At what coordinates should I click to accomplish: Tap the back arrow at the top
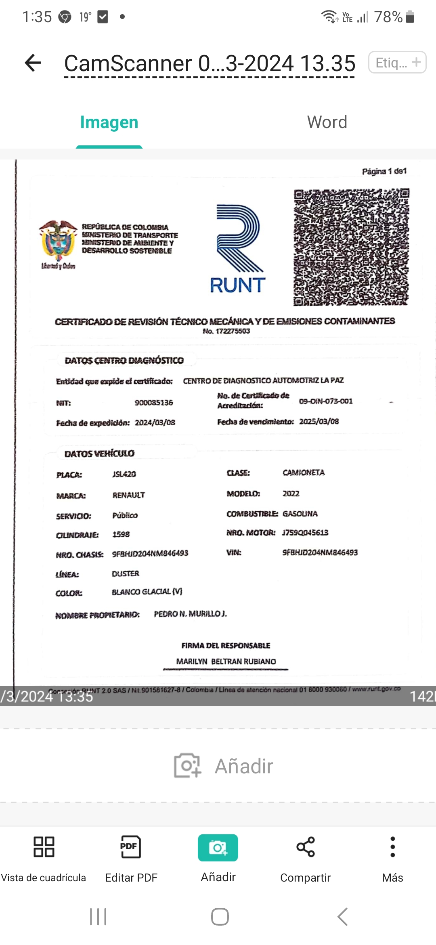point(33,63)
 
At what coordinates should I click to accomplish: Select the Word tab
point(327,122)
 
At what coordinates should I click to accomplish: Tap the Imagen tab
point(109,122)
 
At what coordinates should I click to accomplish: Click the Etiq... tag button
point(397,63)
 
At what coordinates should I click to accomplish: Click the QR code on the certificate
point(351,247)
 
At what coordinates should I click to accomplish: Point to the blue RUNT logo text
point(237,285)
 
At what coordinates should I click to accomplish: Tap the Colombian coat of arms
point(58,241)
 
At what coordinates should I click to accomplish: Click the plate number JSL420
point(124,474)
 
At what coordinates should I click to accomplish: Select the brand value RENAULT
point(128,495)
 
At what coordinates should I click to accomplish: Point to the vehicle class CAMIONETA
point(304,472)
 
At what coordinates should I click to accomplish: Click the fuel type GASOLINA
point(300,514)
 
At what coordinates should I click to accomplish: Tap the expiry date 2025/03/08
point(319,422)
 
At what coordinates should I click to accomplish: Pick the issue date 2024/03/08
point(155,422)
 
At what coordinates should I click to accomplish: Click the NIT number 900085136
point(154,403)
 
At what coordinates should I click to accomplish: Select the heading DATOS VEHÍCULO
point(99,454)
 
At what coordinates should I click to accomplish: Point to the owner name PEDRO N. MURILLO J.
point(190,614)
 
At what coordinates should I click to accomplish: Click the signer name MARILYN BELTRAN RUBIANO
point(226,661)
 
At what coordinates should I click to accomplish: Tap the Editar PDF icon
point(131,847)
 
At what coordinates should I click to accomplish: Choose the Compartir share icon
point(306,847)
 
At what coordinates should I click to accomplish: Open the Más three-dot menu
point(392,847)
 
